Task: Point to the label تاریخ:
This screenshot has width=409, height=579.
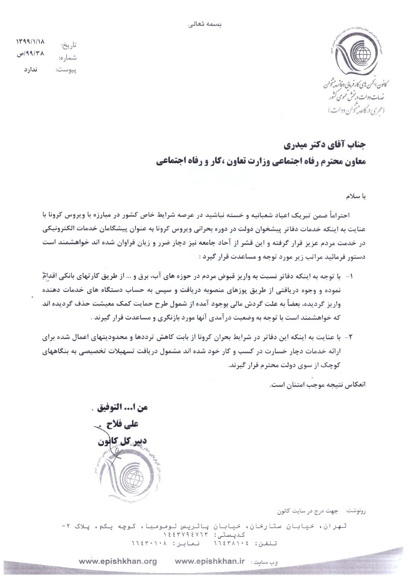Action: tap(69, 45)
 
